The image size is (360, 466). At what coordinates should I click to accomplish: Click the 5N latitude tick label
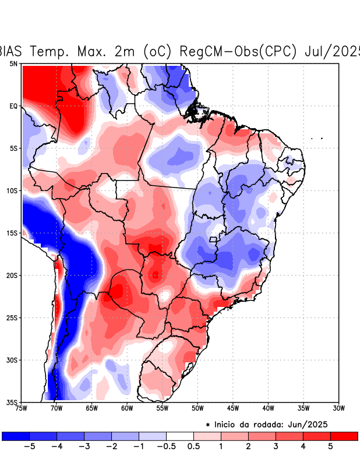point(13,63)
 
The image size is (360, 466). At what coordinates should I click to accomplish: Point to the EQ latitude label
point(13,106)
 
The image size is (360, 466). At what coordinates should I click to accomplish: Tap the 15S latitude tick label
point(12,233)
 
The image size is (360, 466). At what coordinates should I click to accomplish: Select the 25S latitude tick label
point(12,317)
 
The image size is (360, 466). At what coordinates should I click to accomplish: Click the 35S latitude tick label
point(12,402)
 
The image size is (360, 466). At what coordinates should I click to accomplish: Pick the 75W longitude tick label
point(22,408)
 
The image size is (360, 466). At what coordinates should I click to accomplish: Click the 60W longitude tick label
point(127,408)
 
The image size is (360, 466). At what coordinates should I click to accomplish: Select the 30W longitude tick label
point(338,408)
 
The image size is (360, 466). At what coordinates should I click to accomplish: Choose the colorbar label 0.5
point(194,447)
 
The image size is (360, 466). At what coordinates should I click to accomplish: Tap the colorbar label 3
point(275,447)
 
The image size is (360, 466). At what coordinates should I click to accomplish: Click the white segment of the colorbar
point(179,436)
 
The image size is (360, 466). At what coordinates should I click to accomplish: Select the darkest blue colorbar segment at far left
point(16,436)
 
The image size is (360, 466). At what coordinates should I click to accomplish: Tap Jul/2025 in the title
point(332,51)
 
